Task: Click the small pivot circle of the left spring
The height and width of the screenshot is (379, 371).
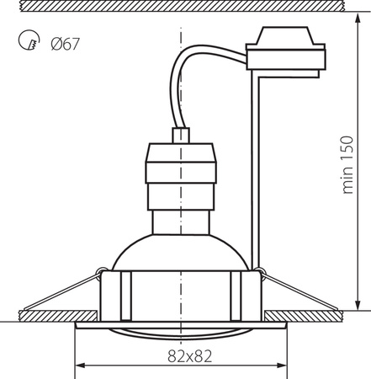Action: (100, 272)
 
